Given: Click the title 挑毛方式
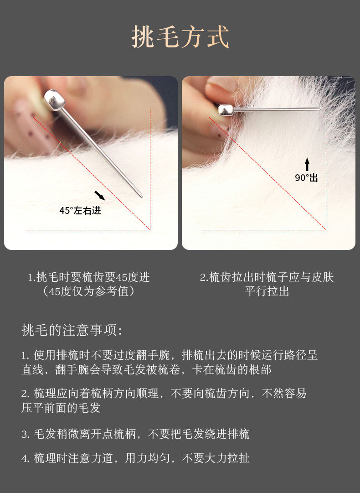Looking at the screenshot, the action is (x=180, y=37).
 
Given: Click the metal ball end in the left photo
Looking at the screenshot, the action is (x=54, y=100).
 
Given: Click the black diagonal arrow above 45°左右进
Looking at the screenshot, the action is (x=100, y=195).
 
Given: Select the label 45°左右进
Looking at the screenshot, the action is (x=80, y=210).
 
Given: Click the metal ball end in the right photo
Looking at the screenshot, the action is (x=226, y=110).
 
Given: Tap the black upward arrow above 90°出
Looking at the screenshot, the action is (x=307, y=164).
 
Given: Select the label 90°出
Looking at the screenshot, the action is (x=306, y=178).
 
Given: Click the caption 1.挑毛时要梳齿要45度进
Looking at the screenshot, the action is (x=89, y=277).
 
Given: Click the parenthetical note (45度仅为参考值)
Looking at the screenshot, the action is (x=89, y=291).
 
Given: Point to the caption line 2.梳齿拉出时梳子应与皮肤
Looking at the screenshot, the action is (x=267, y=277).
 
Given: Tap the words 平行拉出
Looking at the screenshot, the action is (x=267, y=291).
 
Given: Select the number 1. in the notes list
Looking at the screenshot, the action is (x=26, y=356).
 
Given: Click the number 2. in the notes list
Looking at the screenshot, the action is (x=26, y=394).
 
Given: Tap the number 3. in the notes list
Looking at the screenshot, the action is (x=26, y=435).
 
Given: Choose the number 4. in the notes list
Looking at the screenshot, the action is (x=26, y=458).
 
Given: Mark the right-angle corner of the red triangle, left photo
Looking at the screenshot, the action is (x=150, y=230).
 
